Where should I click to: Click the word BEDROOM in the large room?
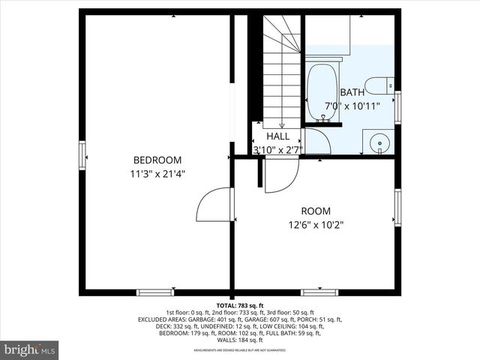[157, 160]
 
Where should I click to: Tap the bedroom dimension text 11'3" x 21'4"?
[157, 173]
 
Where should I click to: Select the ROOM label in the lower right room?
[316, 211]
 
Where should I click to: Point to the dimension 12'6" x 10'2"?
[316, 224]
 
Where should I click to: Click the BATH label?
[352, 92]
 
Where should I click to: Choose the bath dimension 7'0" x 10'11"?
[352, 106]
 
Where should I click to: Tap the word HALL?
[277, 136]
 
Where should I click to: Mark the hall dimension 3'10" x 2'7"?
[277, 149]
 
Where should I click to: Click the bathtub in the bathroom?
[323, 94]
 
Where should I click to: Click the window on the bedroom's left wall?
[83, 156]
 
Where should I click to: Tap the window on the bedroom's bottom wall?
[155, 292]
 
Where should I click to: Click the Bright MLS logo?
[30, 349]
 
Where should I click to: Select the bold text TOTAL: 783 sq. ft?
[240, 306]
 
